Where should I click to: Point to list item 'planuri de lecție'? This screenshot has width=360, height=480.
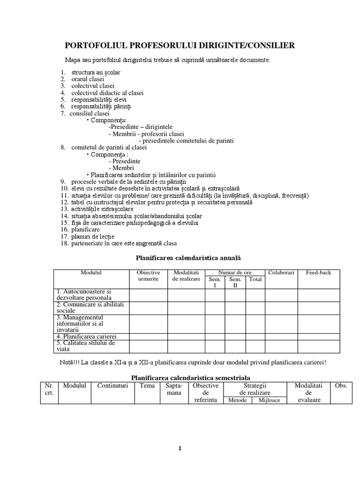point(92,236)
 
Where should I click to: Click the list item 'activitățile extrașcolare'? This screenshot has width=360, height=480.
point(102,209)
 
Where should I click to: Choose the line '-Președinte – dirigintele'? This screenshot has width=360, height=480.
point(141,127)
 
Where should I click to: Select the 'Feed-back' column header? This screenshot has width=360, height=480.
point(318,273)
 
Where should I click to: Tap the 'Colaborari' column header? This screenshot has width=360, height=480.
point(281,273)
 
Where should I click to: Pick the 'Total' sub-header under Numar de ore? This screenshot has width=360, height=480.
point(255,279)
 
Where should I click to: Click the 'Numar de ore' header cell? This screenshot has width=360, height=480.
point(234,273)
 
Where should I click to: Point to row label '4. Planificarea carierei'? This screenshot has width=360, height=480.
point(86,336)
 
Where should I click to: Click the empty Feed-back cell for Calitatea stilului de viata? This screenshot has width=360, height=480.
point(318,346)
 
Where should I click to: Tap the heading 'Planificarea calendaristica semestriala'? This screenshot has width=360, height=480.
point(190,377)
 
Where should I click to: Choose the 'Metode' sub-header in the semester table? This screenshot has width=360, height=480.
point(237,400)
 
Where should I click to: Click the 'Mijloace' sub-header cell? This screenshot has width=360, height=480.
point(270,400)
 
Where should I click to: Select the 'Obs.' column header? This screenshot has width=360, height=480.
point(341,385)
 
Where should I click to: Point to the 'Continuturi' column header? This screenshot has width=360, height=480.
point(112,385)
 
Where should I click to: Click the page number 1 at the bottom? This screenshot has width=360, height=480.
point(180,448)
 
